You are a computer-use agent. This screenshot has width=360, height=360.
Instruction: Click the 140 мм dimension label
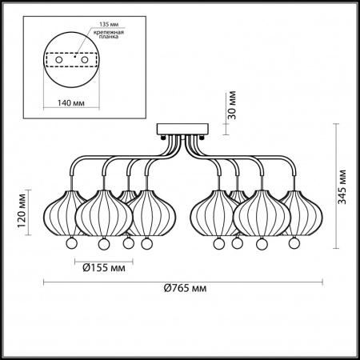(x=71, y=102)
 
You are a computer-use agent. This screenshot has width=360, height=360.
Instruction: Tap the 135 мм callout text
(x=109, y=24)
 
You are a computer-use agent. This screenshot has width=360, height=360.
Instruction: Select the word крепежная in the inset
(x=108, y=33)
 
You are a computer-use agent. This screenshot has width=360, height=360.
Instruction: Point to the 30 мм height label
(x=232, y=105)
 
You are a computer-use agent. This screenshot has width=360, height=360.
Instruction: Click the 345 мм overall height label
(x=342, y=186)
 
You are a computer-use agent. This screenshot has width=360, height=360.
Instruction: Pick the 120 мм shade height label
(x=22, y=211)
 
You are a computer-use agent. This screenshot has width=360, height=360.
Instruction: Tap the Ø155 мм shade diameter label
(x=104, y=267)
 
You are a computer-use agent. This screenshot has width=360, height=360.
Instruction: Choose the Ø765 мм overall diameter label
(x=185, y=288)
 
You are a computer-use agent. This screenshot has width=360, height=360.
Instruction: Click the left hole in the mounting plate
(x=59, y=60)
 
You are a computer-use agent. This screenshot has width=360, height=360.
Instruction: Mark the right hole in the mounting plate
(x=85, y=60)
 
